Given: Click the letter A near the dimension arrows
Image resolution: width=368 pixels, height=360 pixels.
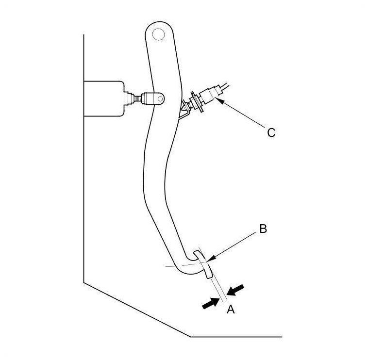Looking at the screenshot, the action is point(231,309).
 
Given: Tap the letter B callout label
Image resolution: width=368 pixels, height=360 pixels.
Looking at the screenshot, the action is point(263,229).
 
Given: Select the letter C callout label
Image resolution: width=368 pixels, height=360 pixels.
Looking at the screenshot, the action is point(271,132).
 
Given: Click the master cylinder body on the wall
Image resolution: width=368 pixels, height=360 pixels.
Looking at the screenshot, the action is point(102,98).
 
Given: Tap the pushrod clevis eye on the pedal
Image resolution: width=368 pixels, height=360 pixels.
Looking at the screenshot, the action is point(156,98).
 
